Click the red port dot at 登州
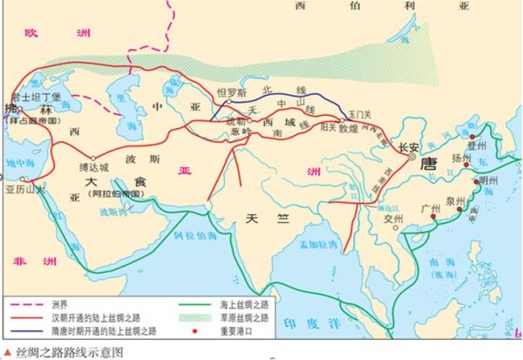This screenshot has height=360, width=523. coord(472,137)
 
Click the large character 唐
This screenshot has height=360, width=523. coord(428,164)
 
